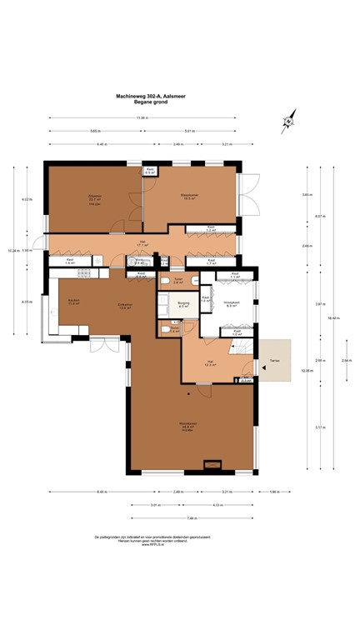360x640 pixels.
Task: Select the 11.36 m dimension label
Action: (x=142, y=117)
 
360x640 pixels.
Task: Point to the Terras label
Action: (x=274, y=361)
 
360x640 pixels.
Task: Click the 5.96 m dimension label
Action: (x=274, y=491)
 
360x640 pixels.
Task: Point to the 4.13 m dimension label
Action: (x=217, y=504)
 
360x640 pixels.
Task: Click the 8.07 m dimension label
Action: (x=321, y=217)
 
